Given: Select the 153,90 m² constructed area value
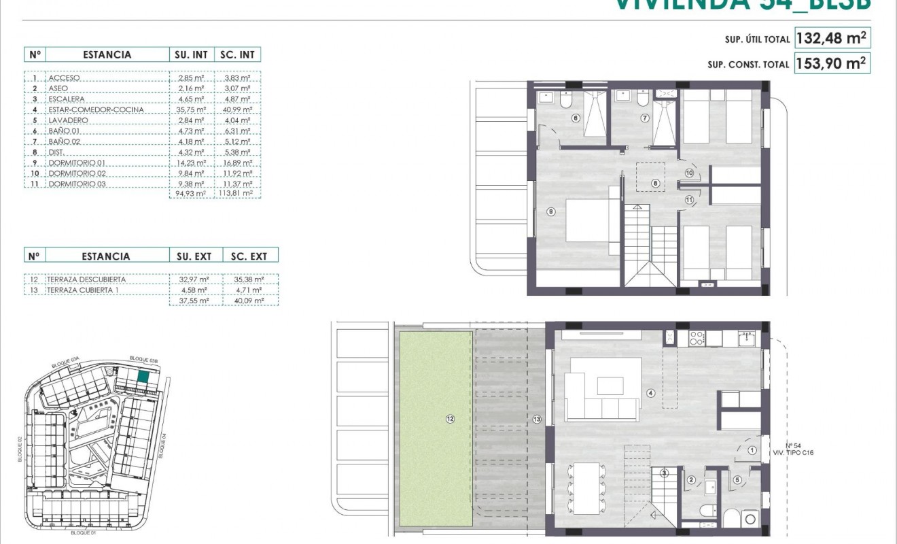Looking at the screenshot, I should (x=832, y=63).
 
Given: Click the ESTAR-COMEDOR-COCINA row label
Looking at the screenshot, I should (x=87, y=109).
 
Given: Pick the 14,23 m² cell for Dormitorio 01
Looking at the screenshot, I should (x=191, y=163).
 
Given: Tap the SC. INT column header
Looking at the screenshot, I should (x=236, y=54).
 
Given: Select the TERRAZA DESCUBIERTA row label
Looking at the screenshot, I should (x=86, y=279).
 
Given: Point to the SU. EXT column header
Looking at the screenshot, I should (x=194, y=256).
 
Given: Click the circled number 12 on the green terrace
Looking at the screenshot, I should (x=450, y=419).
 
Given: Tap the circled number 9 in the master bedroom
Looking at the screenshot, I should (x=550, y=211).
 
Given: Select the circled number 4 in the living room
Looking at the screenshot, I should (x=650, y=392).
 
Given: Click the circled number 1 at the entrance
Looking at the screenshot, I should (x=752, y=450).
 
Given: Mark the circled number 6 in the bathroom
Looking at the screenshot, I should (x=576, y=118).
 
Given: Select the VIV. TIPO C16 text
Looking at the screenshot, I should (x=793, y=452).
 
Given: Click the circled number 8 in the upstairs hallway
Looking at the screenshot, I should (x=655, y=182).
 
